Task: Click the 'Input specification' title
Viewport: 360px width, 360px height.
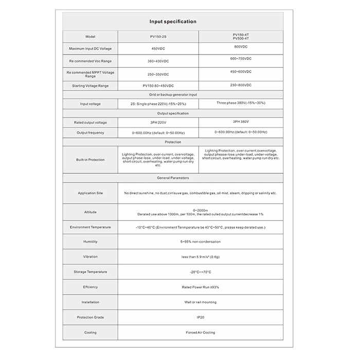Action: click(173, 22)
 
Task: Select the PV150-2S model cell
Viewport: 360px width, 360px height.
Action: click(158, 37)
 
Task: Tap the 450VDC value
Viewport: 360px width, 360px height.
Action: click(158, 49)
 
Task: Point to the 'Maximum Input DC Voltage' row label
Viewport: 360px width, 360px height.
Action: click(91, 49)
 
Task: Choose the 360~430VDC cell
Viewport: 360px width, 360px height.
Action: click(158, 61)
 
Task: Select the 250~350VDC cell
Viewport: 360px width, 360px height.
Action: click(158, 74)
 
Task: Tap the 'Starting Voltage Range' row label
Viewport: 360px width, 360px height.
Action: click(91, 85)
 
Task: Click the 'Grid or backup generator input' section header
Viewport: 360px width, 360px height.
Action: click(173, 95)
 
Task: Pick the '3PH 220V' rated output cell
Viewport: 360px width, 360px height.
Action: click(158, 122)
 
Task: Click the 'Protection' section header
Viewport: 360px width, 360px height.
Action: click(173, 141)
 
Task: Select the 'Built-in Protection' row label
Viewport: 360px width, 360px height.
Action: click(91, 160)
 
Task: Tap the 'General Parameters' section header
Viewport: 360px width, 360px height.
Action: click(173, 178)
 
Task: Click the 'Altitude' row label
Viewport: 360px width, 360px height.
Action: click(91, 212)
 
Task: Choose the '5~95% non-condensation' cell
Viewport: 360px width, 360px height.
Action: click(200, 241)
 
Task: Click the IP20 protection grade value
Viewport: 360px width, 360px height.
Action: click(200, 317)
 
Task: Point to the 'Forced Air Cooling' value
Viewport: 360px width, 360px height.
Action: click(200, 333)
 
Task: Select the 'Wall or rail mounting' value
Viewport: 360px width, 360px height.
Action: click(200, 302)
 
